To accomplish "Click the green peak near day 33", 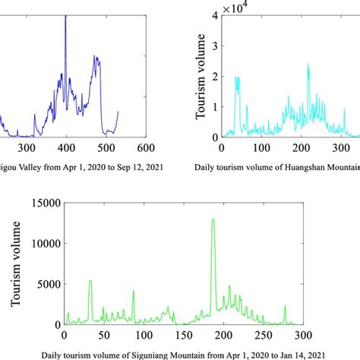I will point(90,281).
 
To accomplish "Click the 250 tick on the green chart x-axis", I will point(261,335).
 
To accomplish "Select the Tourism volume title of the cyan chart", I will point(201,77).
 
